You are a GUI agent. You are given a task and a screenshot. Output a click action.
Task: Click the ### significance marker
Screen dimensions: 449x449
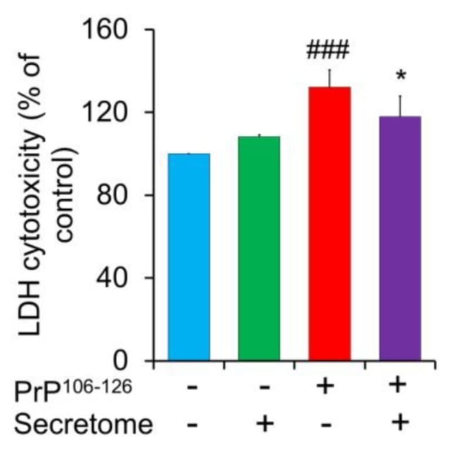click(328, 51)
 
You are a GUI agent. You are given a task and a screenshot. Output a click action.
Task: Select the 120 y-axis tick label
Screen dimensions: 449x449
click(109, 112)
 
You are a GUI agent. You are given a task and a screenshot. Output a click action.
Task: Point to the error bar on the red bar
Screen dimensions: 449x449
click(330, 78)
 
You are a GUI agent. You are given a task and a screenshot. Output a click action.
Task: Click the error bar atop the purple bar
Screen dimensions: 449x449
click(400, 106)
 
